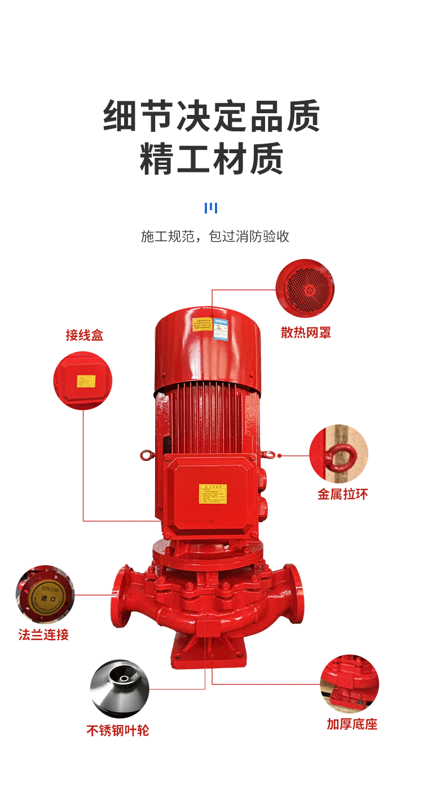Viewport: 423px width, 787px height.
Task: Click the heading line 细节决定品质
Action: coord(211,116)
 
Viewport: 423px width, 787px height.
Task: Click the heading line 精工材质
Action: coord(211,159)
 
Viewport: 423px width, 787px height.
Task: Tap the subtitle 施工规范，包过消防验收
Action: coord(215,237)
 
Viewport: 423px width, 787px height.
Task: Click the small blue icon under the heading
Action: coord(210,208)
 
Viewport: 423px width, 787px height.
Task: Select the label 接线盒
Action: coord(85,336)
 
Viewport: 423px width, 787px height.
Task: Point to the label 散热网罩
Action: coord(306,333)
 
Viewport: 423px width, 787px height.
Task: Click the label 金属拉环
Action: coord(342,495)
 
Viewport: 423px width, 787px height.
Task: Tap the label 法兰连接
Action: coord(43,635)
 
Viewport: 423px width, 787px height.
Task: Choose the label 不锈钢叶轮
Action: coord(118,731)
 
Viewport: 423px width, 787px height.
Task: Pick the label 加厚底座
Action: coord(352,724)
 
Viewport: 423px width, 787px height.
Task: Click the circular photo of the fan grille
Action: coord(305,288)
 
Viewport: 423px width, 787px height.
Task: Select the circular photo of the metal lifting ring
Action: coord(338,453)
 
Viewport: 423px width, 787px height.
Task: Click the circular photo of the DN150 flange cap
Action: coord(45,594)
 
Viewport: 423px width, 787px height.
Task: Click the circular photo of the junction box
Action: coord(83,381)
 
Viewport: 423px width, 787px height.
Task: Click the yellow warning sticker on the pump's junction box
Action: coord(213,494)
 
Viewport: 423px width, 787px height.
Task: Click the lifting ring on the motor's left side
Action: coord(147,455)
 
